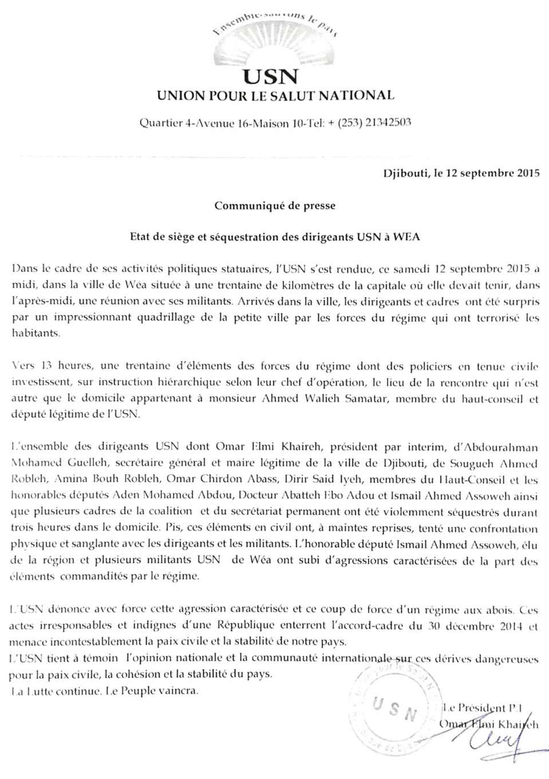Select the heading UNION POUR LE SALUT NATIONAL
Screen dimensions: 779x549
tap(275, 96)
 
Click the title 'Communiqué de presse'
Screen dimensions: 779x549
tap(275, 206)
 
